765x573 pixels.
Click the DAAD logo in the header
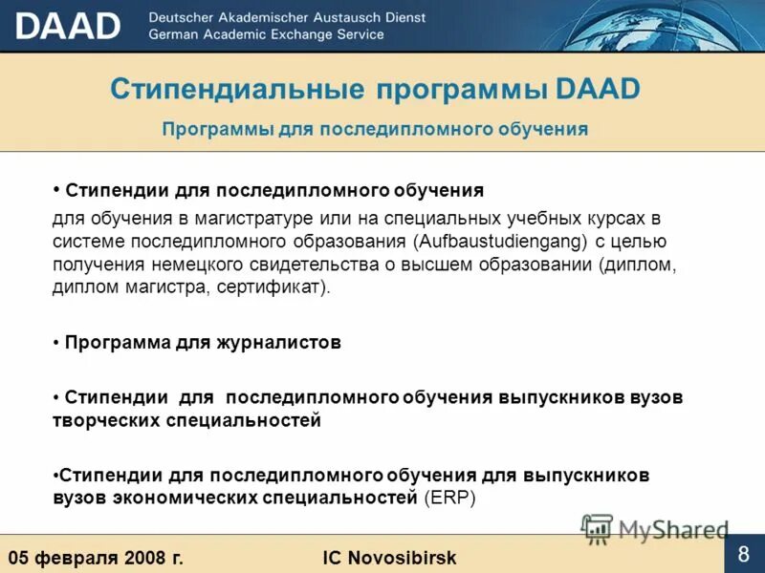click(68, 26)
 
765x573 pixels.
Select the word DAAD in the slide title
click(597, 89)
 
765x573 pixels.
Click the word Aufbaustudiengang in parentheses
click(498, 241)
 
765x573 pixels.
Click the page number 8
click(743, 555)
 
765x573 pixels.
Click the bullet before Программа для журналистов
click(57, 344)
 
